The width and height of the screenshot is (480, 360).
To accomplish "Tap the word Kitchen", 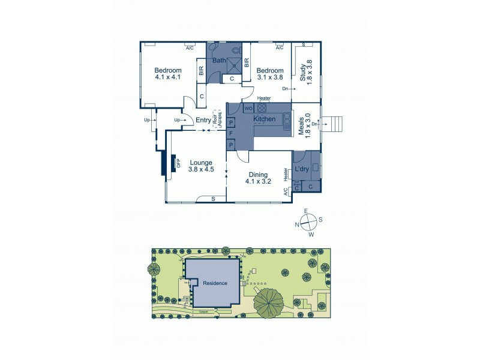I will coord(264,119).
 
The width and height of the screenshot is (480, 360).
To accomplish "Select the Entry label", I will coord(203,120).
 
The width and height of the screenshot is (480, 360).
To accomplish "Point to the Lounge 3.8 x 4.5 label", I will coord(202,166).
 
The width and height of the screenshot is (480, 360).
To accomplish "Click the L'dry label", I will coord(301,170).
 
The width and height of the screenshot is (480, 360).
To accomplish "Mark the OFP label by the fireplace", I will coord(178,163).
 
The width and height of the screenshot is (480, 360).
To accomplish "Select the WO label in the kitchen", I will coord(248,109).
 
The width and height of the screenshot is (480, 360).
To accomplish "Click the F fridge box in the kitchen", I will coord(230,133).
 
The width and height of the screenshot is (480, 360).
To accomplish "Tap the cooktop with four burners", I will coord(262,109).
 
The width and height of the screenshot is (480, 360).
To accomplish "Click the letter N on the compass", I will coord(296,225).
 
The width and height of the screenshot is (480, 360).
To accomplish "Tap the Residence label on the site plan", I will coord(215,283).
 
